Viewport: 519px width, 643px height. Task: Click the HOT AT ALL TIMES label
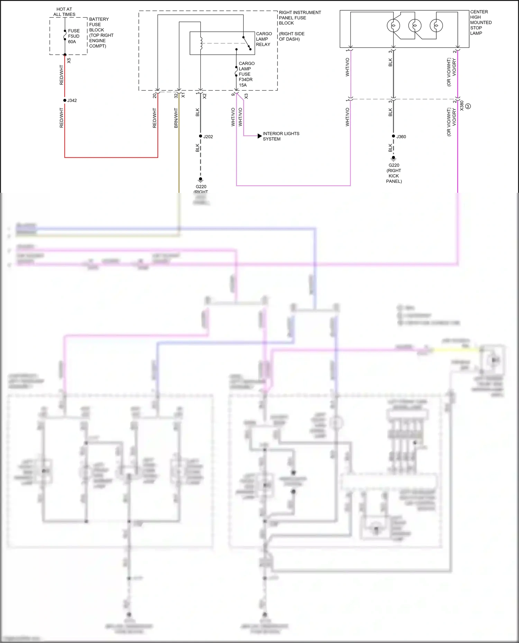click(64, 12)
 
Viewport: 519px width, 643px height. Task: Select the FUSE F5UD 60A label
click(74, 36)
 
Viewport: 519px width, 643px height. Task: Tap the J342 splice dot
click(65, 100)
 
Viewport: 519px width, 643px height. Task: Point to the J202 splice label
click(208, 137)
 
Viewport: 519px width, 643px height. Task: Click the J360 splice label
click(401, 137)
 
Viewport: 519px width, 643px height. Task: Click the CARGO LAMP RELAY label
click(264, 39)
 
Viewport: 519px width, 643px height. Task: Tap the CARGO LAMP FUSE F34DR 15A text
click(246, 74)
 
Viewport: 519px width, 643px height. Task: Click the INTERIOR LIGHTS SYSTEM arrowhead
click(260, 136)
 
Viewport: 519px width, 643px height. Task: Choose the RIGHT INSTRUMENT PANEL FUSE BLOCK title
click(300, 18)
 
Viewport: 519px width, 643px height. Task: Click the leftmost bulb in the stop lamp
click(393, 26)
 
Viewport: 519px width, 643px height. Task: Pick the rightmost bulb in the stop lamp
click(436, 26)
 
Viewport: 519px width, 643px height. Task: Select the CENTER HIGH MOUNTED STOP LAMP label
click(480, 22)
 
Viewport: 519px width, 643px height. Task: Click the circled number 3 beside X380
click(468, 106)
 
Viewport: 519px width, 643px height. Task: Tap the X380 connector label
click(462, 105)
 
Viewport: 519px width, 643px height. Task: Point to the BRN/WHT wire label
click(176, 118)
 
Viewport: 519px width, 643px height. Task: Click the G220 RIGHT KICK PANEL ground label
click(394, 173)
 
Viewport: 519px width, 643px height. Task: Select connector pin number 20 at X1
click(154, 96)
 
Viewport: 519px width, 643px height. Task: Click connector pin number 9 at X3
click(233, 94)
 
